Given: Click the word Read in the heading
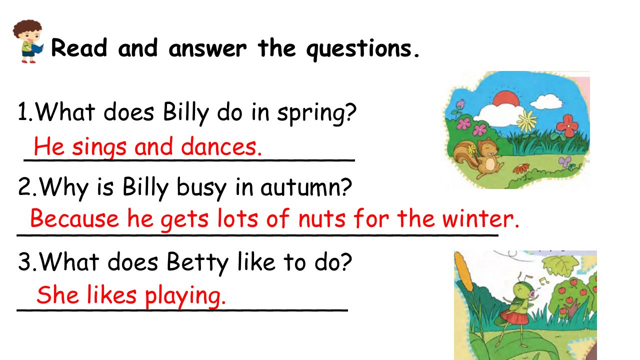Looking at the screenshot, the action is tap(79, 47).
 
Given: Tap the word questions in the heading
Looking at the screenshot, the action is tap(362, 49).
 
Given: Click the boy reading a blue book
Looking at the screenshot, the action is tap(28, 41).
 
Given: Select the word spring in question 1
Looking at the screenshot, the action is tap(316, 113).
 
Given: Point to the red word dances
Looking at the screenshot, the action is tap(221, 146).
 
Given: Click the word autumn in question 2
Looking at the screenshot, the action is tap(306, 187).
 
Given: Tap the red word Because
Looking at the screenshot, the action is tap(74, 218).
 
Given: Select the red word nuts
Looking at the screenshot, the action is tap(321, 219).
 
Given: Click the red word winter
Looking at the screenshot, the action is tap(480, 218).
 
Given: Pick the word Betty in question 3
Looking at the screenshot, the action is tap(197, 262).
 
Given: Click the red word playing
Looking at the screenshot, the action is tap(185, 295).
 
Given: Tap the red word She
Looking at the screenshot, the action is tap(57, 295).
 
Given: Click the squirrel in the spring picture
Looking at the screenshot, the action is tap(476, 157).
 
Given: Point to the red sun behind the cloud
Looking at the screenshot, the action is tap(506, 97).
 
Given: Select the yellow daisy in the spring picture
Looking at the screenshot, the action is tap(527, 121).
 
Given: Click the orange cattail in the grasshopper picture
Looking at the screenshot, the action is tap(463, 271).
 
